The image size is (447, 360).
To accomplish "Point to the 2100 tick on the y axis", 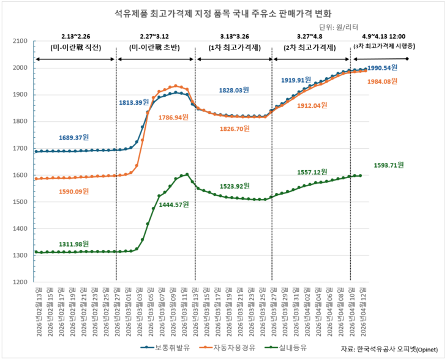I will point(20,41).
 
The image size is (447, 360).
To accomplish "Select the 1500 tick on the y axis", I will point(20,202).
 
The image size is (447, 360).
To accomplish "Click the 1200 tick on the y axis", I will point(20,282).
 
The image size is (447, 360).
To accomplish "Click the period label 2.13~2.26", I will point(76,36).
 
